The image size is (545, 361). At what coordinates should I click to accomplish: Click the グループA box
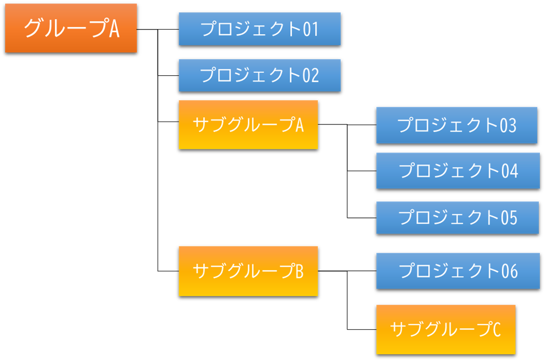click(x=71, y=29)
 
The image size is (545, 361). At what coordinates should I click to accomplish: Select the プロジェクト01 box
click(x=260, y=29)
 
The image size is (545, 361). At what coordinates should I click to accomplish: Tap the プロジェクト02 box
click(x=260, y=75)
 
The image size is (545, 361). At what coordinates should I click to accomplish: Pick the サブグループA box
click(x=248, y=125)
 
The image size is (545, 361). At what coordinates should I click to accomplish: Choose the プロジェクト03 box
click(x=457, y=126)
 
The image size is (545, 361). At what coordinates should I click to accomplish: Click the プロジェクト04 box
click(x=457, y=171)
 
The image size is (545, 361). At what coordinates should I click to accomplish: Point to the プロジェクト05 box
click(x=457, y=218)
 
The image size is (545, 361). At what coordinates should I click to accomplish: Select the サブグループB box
click(x=248, y=271)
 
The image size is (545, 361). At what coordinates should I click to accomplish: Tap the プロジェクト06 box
click(x=457, y=271)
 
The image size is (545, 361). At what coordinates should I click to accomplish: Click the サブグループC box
click(x=446, y=329)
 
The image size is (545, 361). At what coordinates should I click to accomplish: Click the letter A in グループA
click(x=114, y=29)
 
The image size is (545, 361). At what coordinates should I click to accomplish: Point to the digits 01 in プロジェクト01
click(x=310, y=29)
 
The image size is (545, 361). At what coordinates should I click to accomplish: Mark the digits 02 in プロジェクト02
click(x=310, y=76)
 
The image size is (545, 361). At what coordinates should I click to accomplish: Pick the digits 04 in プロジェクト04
click(x=510, y=171)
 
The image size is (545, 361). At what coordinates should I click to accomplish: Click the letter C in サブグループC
click(x=495, y=330)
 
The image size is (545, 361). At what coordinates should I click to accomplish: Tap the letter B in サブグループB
click(x=299, y=271)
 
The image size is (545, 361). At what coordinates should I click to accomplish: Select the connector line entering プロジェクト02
click(x=168, y=76)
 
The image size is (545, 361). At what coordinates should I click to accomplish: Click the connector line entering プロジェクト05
click(x=362, y=218)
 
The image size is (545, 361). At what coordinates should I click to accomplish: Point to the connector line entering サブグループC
click(x=362, y=330)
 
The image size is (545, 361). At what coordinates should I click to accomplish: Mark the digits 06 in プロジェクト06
click(x=510, y=271)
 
